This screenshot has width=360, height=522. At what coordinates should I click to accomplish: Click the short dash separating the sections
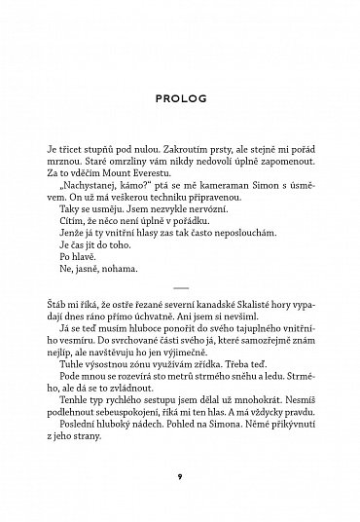tap(180, 288)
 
